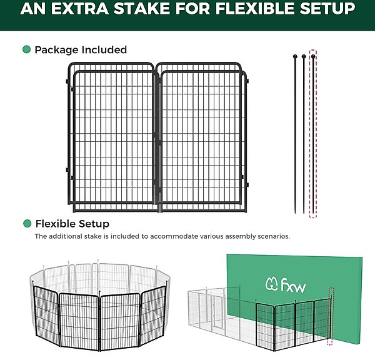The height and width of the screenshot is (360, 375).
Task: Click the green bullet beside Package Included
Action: click(x=26, y=49)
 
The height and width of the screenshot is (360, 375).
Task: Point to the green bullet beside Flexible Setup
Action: click(x=27, y=224)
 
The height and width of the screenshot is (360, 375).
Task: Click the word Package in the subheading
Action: click(x=57, y=50)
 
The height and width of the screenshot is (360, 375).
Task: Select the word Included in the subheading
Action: click(x=104, y=50)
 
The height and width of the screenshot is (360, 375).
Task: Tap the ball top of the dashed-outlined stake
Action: click(x=313, y=56)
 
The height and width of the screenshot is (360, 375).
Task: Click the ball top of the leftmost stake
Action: click(x=295, y=56)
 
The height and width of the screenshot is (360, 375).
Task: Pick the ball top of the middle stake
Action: click(x=304, y=56)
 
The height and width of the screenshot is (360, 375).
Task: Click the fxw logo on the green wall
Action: click(x=286, y=285)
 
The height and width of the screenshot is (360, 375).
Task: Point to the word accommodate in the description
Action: click(x=174, y=236)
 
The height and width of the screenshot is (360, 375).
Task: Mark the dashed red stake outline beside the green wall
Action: click(x=331, y=316)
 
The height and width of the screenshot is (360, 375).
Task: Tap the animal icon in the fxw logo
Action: click(x=271, y=284)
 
